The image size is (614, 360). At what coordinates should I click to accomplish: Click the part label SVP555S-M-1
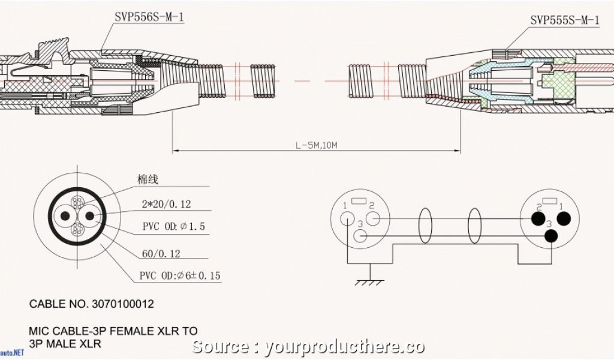point(564,20)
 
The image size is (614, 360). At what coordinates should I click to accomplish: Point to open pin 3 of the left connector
point(361,236)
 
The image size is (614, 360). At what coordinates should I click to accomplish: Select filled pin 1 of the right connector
point(563,219)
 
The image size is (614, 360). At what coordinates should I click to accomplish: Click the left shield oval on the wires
point(426,226)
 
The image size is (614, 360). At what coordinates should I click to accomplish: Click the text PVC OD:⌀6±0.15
point(180,275)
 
